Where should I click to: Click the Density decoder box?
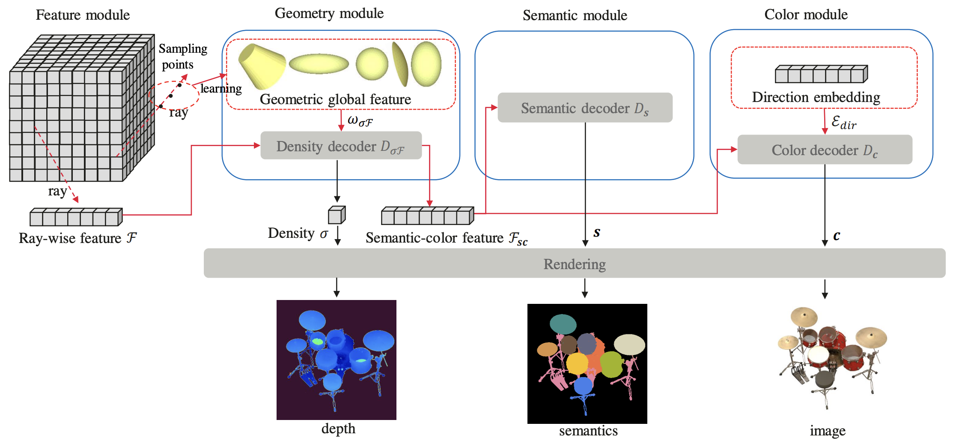coord(341,146)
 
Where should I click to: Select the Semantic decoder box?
coord(585,108)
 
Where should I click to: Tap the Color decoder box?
coord(825,150)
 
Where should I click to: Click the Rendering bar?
coord(575,264)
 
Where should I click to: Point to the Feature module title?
coord(83,15)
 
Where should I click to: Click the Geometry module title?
coord(329,13)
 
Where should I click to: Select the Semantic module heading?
coord(575,15)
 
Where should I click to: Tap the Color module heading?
coord(806,15)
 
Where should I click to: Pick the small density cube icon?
coord(337,215)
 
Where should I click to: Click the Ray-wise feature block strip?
coord(76,217)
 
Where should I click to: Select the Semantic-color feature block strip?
coord(427,216)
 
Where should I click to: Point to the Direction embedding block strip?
coord(821,74)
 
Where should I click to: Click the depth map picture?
coord(337,360)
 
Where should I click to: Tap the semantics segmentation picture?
coord(587,363)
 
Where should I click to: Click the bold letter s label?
coord(597,233)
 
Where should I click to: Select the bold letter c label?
coord(837,235)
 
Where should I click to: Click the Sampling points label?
coord(182,56)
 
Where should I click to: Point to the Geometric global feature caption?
coord(335,99)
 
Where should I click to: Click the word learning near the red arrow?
coord(221,89)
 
